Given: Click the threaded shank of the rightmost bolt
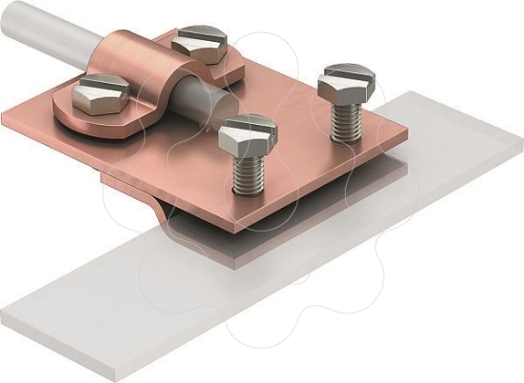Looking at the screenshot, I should point(343,119).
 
